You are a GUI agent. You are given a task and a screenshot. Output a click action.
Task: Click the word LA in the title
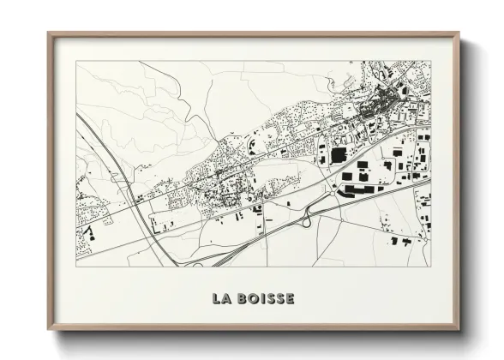221,299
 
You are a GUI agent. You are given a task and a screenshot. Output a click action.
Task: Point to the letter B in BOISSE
241,299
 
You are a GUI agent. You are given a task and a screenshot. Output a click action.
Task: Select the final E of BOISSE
291,299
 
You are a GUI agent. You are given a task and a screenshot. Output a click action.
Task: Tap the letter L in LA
216,299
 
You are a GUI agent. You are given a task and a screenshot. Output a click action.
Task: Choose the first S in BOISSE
269,299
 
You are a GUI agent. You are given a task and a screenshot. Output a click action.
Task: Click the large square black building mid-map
338,154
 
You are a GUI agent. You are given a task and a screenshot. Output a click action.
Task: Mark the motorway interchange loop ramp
306,221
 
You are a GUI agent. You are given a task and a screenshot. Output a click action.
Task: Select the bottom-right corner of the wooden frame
459,330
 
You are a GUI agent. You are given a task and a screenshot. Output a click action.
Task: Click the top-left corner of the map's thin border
76,61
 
